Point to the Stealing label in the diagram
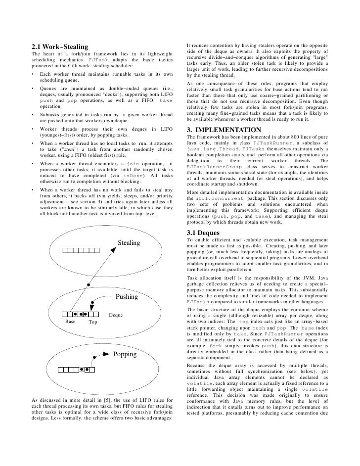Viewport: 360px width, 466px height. [129, 243]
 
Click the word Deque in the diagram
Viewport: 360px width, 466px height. [116, 315]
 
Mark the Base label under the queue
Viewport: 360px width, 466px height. [71, 322]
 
